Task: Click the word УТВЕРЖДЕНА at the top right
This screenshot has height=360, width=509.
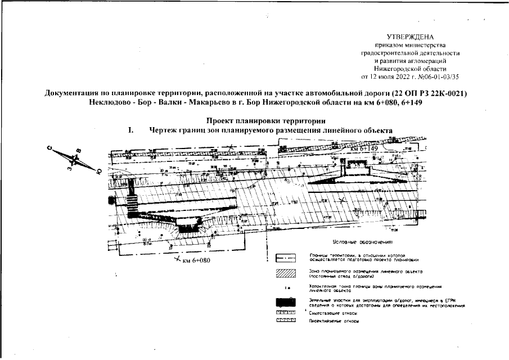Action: (415, 37)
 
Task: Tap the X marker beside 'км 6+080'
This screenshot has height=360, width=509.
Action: (178, 259)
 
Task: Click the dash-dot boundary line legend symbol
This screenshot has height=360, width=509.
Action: (286, 259)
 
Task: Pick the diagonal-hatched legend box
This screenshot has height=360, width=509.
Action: (286, 273)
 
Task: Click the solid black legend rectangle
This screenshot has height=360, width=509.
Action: (286, 303)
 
